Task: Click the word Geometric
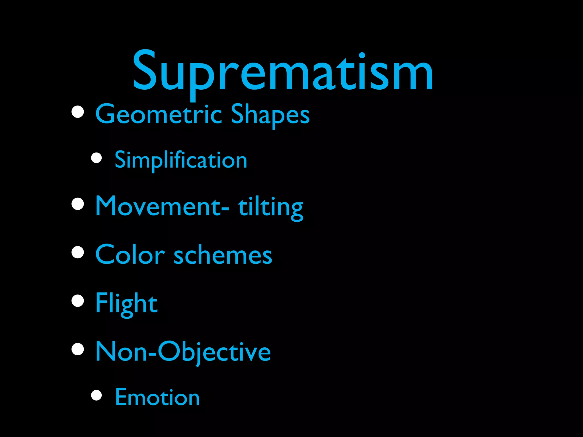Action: pyautogui.click(x=159, y=114)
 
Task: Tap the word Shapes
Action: pyautogui.click(x=270, y=114)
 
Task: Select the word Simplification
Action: pyautogui.click(x=181, y=160)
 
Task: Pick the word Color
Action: pyautogui.click(x=130, y=255)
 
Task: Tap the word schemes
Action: pyautogui.click(x=223, y=255)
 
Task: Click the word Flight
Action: pyautogui.click(x=126, y=303)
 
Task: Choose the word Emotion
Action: pyautogui.click(x=157, y=397)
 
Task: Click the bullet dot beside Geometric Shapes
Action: pyautogui.click(x=78, y=112)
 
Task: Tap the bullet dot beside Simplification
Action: pyautogui.click(x=97, y=158)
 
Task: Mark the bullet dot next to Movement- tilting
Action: pyautogui.click(x=78, y=204)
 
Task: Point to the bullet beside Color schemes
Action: pyautogui.click(x=78, y=252)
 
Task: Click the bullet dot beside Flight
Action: pyautogui.click(x=78, y=301)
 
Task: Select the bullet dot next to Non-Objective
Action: pyautogui.click(x=78, y=349)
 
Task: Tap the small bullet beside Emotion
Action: pyautogui.click(x=97, y=395)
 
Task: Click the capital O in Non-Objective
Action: pyautogui.click(x=170, y=352)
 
